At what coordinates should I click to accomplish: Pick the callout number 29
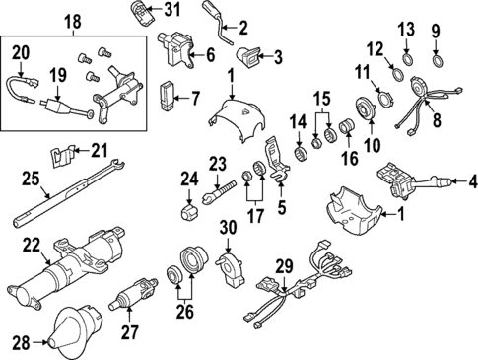[285, 267]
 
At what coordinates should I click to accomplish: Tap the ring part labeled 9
[436, 66]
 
